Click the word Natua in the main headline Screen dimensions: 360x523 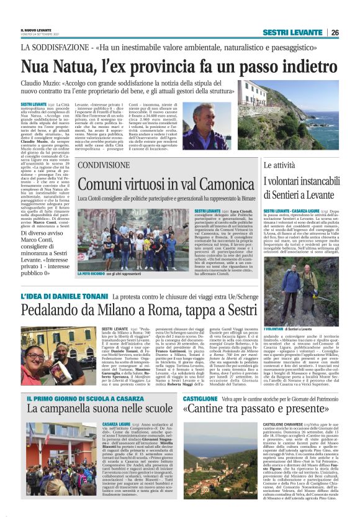pyautogui.click(x=81, y=65)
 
